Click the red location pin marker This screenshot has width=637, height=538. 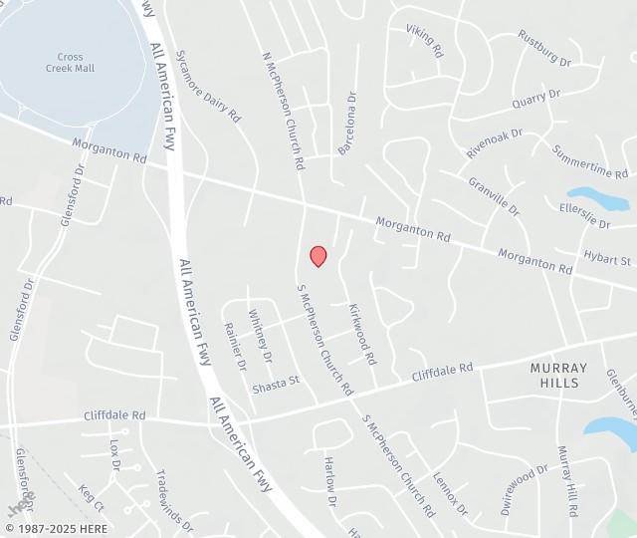(318, 256)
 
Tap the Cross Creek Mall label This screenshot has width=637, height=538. (70, 63)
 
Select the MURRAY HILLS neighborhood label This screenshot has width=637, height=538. (558, 376)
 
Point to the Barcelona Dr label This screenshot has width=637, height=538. (346, 124)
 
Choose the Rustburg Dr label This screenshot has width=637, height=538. (544, 48)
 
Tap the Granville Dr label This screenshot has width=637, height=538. (494, 196)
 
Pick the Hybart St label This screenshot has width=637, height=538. (607, 259)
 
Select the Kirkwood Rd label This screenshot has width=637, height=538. (361, 333)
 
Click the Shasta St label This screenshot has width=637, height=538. (275, 383)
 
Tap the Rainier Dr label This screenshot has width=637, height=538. (235, 346)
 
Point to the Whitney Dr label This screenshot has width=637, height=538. (260, 335)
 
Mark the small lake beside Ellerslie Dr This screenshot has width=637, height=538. (597, 198)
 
